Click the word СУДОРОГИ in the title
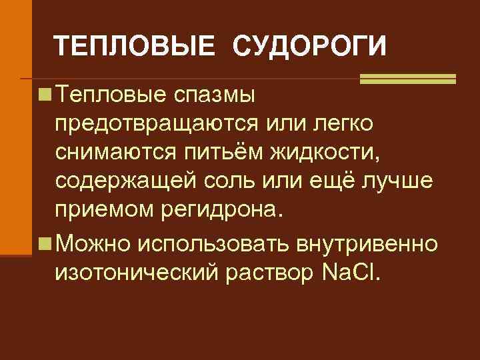coord(309,47)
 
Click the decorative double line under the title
coord(407,79)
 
